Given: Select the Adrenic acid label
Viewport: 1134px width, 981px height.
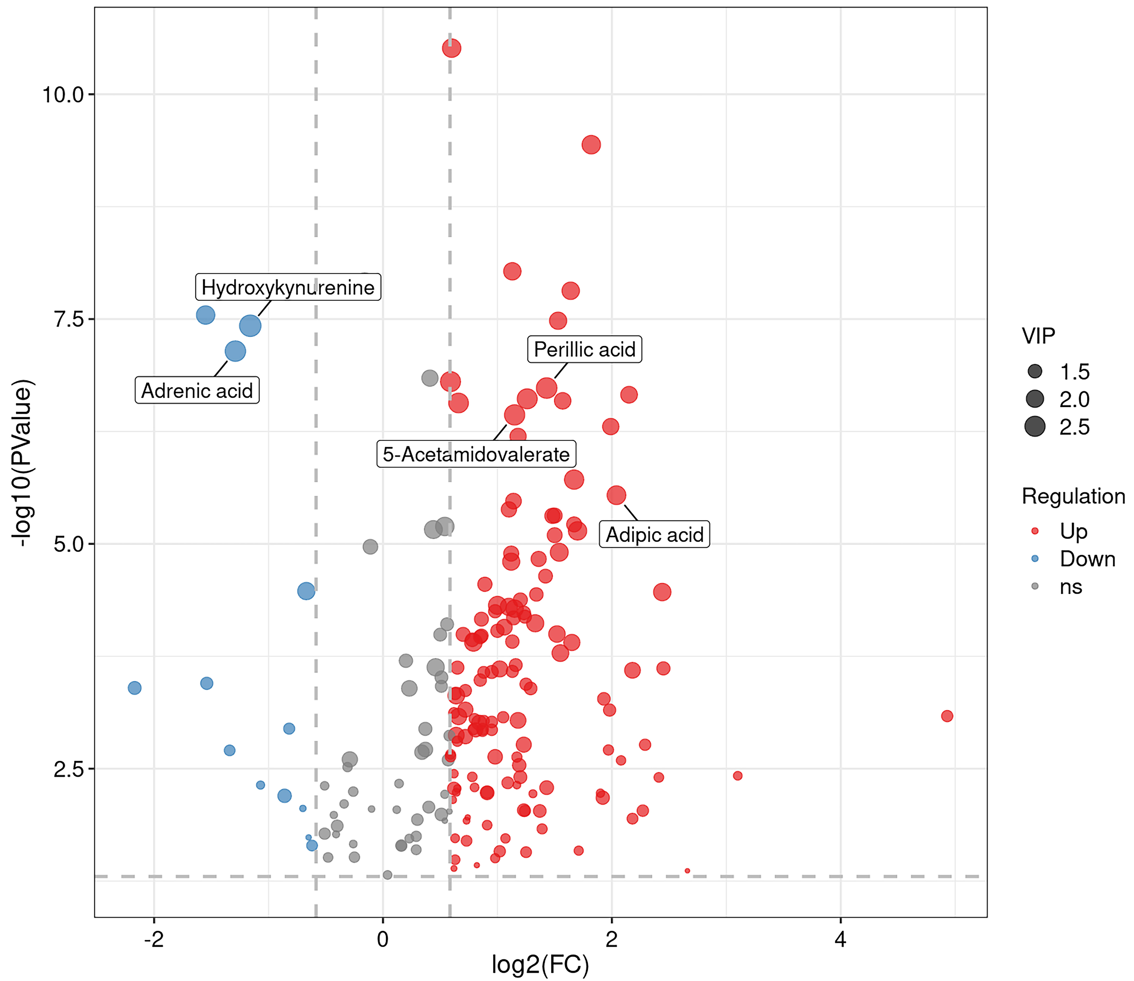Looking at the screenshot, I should (197, 390).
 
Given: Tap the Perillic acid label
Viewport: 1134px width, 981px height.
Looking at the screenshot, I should (584, 349).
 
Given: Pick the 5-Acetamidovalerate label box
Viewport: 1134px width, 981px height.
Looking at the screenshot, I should (476, 454).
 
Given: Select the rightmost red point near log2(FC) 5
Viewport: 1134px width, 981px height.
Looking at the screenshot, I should (947, 716).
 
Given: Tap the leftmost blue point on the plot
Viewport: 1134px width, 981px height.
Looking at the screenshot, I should (135, 688).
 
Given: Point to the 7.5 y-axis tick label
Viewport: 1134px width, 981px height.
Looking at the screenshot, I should (68, 319).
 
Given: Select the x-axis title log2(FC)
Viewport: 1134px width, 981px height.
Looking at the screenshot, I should (540, 964).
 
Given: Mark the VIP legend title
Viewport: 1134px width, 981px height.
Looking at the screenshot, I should (1038, 336).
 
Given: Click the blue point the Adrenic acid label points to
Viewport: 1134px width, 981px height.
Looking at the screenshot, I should (235, 351).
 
